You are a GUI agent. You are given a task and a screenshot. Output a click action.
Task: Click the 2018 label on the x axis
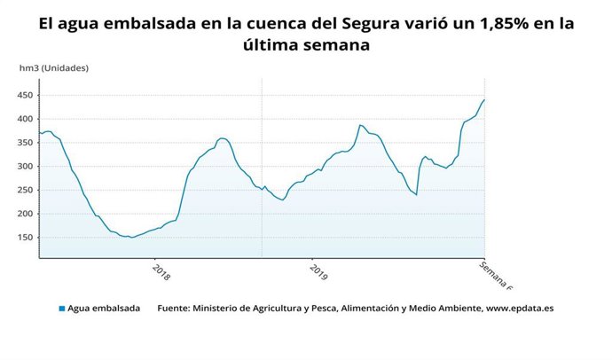(x=161, y=270)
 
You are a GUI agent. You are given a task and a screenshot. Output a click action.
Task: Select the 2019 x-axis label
(x=319, y=270)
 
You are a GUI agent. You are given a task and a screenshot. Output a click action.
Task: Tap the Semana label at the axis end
(x=498, y=274)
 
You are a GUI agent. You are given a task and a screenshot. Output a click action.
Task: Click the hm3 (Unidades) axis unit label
(x=54, y=67)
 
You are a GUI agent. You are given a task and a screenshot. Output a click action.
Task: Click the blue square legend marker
(x=62, y=309)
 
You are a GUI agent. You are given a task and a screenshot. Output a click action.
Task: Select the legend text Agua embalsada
(x=105, y=309)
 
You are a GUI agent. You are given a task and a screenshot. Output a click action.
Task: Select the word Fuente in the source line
(x=177, y=309)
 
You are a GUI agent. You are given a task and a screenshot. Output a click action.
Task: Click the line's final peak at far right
(x=484, y=99)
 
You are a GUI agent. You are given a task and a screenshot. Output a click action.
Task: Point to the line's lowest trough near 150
(x=132, y=238)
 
